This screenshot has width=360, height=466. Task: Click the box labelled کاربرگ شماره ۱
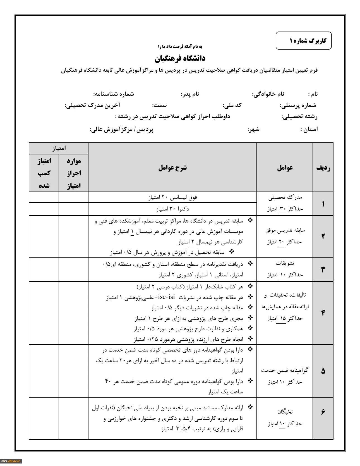[x=303, y=41]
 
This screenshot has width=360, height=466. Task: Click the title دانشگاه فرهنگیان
[x=180, y=58]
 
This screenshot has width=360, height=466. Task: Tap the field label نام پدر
[x=190, y=94]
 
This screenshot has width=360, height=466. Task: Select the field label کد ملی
[x=232, y=105]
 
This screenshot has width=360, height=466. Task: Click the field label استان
[x=309, y=129]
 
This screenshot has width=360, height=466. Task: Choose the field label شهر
[x=253, y=129]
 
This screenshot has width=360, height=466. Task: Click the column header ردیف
[x=323, y=168]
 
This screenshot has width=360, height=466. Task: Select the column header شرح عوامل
[x=172, y=168]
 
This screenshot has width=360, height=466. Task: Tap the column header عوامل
[x=285, y=168]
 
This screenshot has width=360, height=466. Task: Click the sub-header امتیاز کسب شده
[x=44, y=173]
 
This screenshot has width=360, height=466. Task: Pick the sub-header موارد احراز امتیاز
[x=74, y=173]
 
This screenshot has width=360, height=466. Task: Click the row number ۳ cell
[x=323, y=269]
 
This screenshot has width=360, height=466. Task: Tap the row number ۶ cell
[x=323, y=412]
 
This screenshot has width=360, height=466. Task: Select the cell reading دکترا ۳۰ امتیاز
[x=172, y=209]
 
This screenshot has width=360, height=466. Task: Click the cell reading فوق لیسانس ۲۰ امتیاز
[x=172, y=197]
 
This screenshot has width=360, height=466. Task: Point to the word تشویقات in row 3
[x=285, y=263]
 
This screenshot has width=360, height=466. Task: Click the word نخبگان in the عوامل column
[x=285, y=412]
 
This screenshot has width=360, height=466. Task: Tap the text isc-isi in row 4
[x=166, y=297]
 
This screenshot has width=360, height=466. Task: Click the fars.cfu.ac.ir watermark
[x=11, y=461]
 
